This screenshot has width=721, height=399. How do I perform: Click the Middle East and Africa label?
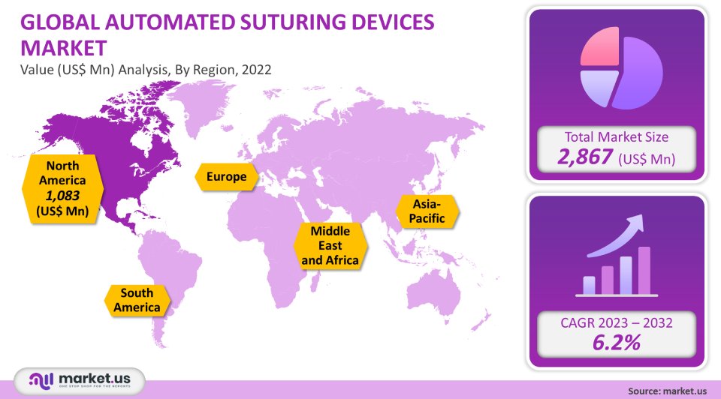pos(330,245)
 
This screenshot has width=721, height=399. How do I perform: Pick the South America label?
pos(137,300)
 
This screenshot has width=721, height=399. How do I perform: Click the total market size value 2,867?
pos(584,157)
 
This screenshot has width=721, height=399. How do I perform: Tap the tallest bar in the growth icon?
pos(644,271)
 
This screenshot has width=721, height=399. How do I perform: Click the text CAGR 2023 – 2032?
pos(616,323)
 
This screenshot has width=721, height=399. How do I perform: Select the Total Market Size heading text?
pos(616,136)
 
